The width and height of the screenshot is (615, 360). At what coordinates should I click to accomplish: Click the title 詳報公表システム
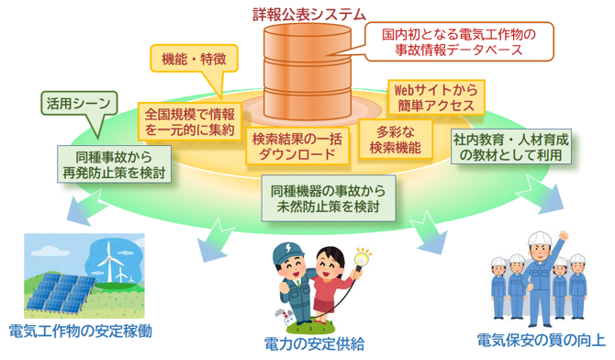(307, 13)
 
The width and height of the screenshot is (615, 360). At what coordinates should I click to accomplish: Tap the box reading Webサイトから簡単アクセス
(433, 98)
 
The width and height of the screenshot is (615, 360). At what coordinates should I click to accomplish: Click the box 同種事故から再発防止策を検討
(112, 163)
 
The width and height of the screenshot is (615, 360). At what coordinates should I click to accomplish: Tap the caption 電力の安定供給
(313, 343)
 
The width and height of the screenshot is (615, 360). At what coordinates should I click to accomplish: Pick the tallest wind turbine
(107, 258)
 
